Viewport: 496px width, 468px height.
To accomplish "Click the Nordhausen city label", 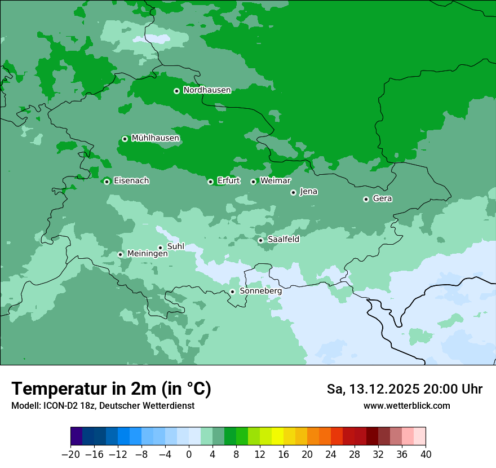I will point(207,90).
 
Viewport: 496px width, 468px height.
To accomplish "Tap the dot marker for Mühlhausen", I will point(125,139).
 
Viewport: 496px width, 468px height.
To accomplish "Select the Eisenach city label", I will point(131,181).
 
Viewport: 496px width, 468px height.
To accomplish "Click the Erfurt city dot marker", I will point(210,182).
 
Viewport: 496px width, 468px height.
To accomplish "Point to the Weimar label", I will point(275,181).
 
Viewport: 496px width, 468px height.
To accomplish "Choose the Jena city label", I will point(308,192).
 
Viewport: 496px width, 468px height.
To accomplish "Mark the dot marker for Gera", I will point(366,199).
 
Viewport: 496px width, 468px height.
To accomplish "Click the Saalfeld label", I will point(283,240).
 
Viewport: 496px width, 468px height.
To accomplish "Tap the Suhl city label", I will point(176,246).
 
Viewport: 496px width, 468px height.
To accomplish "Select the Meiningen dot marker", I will point(120,254).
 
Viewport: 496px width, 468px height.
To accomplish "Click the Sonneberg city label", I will point(260,292).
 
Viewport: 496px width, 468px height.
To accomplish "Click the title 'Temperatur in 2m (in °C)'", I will point(111,389).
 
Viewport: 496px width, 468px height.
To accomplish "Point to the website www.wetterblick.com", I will point(406,406).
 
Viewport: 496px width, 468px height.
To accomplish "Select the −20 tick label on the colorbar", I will point(71,454).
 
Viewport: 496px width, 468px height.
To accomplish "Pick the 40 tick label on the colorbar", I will point(426,454).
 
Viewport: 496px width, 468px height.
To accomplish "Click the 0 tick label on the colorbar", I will point(189,454).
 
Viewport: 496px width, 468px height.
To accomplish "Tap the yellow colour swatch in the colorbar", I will point(277,436).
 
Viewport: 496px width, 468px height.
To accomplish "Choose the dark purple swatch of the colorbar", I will point(77,436).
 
